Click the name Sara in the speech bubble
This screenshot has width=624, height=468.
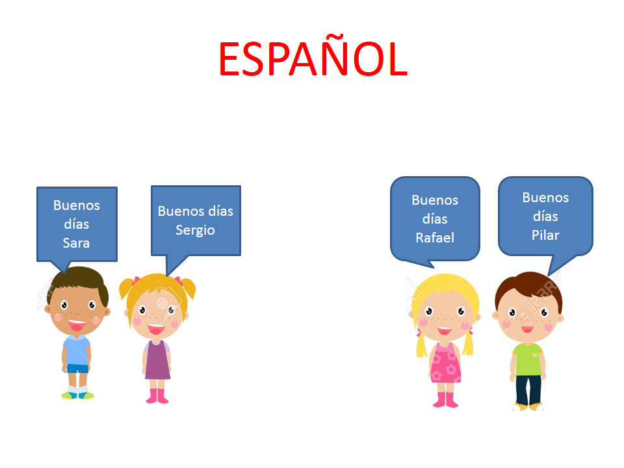pos(76,242)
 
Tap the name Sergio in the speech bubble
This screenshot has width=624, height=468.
pos(195,230)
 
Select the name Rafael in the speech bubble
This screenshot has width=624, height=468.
pos(435,238)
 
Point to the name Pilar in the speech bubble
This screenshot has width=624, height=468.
pos(545,235)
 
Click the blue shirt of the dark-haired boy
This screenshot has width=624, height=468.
pos(77,350)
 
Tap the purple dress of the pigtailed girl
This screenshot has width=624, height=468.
pos(157,359)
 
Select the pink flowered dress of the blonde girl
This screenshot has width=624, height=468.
pos(445,363)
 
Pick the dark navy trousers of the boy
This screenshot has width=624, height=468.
pos(528,389)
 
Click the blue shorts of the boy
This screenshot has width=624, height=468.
pos(77,369)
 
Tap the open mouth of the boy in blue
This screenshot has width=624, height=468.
pos(77,326)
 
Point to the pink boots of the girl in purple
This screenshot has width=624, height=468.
pos(157,396)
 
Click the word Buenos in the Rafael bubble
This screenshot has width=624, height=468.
pos(435,200)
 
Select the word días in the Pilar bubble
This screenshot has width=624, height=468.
pos(545,216)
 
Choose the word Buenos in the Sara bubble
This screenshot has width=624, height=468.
pos(77,205)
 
